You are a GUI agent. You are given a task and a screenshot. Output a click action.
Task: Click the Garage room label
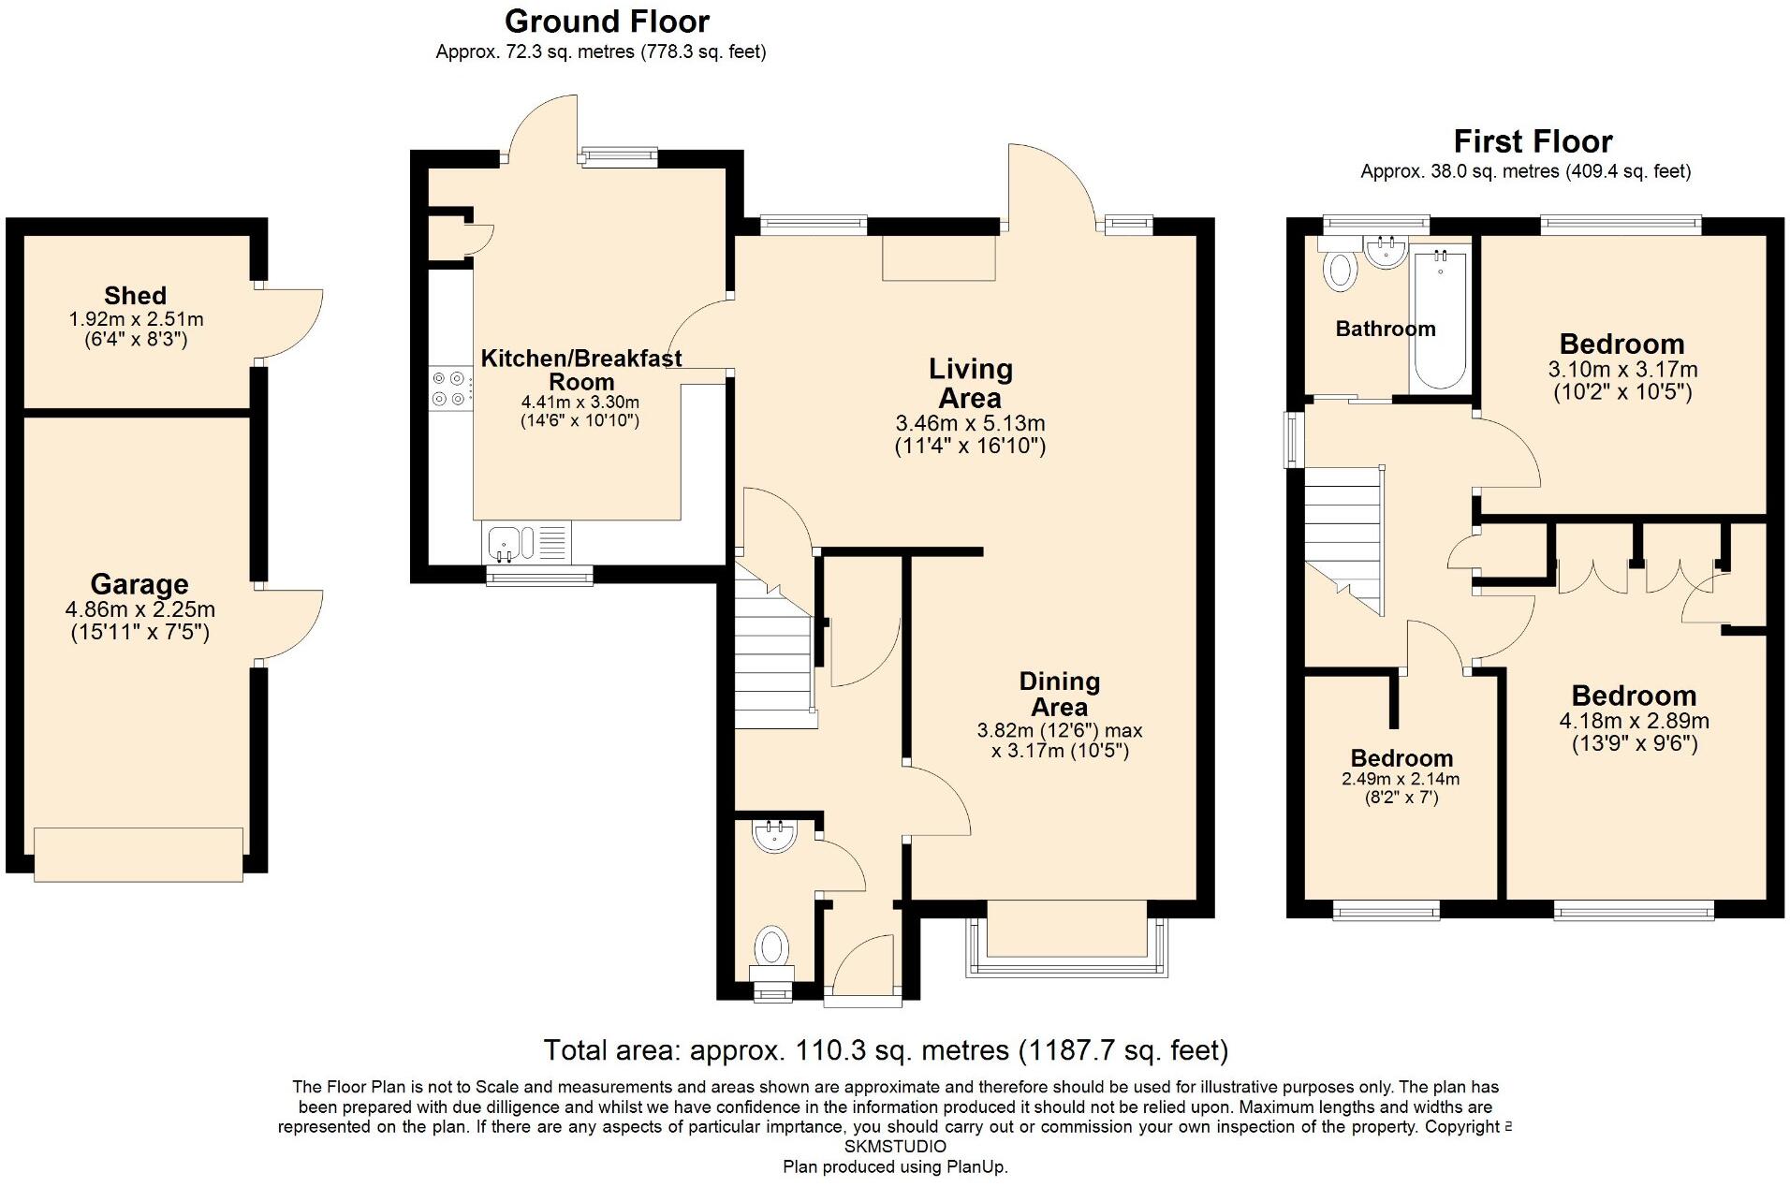[x=139, y=584]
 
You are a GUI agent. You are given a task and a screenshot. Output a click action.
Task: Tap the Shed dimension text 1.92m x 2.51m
[x=136, y=319]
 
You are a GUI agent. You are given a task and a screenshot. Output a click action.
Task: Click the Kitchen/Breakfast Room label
[x=580, y=370]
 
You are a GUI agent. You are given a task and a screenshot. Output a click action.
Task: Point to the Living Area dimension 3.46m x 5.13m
[x=970, y=423]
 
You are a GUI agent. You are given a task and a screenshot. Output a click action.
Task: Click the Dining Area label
[x=1059, y=694]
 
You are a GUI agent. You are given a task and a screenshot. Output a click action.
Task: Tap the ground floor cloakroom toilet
[x=771, y=947]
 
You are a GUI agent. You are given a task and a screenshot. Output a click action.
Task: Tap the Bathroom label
[x=1385, y=329]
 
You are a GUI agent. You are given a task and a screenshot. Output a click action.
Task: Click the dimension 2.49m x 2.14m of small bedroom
[x=1401, y=779]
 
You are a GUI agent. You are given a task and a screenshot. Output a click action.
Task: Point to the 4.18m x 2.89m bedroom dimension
[x=1634, y=721]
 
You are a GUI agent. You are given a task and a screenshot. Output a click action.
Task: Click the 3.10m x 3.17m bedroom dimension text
[x=1622, y=369]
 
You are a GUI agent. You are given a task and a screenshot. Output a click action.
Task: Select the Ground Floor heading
[x=607, y=21]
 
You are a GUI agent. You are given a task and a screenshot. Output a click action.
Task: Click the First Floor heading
[x=1533, y=141]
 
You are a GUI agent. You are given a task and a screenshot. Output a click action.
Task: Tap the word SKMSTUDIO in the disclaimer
[x=895, y=1147]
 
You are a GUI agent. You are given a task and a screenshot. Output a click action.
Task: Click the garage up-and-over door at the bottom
[x=139, y=854]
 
